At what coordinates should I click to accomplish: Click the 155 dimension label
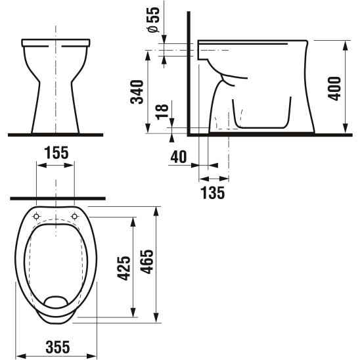(x=56, y=153)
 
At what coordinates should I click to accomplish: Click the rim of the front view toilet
(x=56, y=42)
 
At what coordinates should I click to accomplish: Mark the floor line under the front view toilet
(x=56, y=134)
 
